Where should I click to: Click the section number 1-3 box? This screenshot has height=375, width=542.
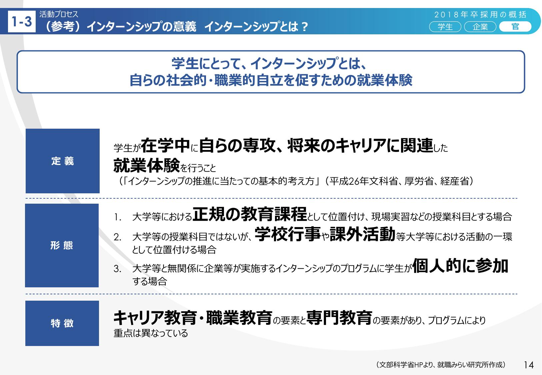(22, 21)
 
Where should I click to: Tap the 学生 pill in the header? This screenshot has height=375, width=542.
(445, 27)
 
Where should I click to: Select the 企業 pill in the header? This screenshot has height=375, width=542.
(480, 27)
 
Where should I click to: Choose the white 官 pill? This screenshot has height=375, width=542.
(515, 27)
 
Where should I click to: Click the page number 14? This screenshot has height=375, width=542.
(529, 365)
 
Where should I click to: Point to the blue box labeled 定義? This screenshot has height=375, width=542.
(63, 161)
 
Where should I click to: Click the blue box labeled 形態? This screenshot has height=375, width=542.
(62, 245)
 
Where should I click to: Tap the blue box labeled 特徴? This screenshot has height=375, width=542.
(62, 323)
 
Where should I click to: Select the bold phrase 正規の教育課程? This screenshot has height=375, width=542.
(250, 214)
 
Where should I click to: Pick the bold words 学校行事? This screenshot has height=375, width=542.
(288, 234)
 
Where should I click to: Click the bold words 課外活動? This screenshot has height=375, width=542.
(362, 234)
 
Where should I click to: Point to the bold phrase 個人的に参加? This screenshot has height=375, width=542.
(460, 265)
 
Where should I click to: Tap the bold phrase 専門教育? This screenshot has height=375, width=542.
(339, 317)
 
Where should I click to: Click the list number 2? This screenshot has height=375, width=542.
(117, 237)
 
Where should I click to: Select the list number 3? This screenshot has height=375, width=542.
(117, 269)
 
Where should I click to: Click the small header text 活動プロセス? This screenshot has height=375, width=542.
(59, 14)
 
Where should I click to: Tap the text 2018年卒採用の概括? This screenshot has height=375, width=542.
(480, 15)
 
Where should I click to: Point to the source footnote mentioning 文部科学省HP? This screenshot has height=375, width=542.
(441, 365)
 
